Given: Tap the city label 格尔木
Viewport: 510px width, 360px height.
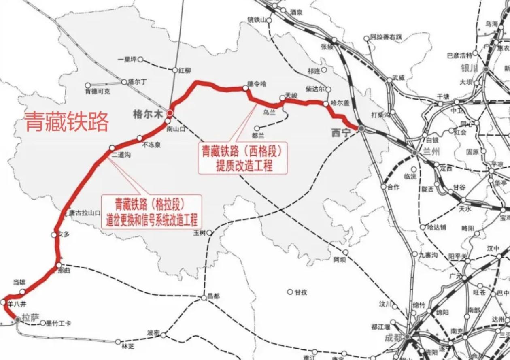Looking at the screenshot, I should tap(148, 115).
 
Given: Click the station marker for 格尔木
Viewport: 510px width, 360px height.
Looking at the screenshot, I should tap(170, 113).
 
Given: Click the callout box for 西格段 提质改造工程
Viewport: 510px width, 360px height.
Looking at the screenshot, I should tap(242, 158).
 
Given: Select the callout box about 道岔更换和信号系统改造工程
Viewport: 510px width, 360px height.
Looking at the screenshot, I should tap(151, 212).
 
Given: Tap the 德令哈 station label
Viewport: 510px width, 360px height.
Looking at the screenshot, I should tap(257, 84).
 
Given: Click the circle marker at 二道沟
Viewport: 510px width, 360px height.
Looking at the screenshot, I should tap(112, 148).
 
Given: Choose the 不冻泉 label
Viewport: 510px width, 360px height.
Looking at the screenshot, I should tap(152, 145).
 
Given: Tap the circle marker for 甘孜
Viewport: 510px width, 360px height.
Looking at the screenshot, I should tap(290, 292).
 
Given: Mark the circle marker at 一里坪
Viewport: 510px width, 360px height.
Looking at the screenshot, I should tap(140, 60).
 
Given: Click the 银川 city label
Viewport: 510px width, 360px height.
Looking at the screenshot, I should tap(470, 68).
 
